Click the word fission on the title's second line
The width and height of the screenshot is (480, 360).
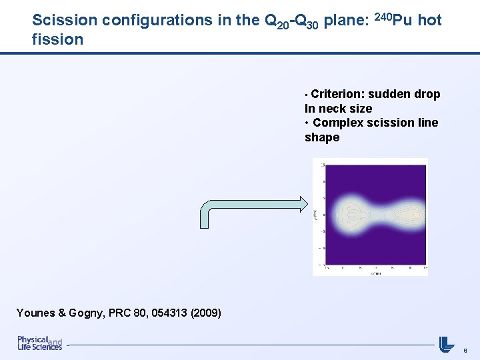coord(57,39)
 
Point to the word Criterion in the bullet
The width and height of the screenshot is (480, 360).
coord(338,94)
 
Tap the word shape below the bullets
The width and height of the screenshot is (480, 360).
coord(322,137)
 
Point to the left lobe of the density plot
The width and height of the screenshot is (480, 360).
coord(352,215)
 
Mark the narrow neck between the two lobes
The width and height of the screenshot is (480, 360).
coord(378,215)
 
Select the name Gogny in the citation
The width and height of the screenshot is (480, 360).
coord(93,313)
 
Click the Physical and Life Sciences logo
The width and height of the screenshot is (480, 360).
coord(39,343)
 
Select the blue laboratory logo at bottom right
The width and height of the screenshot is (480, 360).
coord(447,343)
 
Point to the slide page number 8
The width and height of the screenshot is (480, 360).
coord(465,349)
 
